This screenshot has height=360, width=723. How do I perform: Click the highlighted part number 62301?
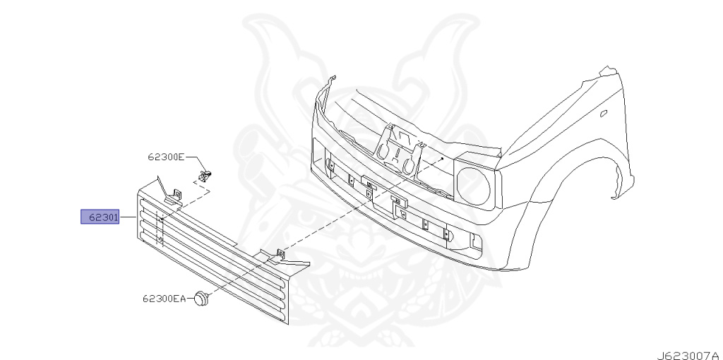click(100, 217)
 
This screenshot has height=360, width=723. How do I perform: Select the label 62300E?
click(166, 157)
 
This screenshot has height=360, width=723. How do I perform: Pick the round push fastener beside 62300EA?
click(203, 299)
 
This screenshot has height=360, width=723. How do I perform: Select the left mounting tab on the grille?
click(174, 196)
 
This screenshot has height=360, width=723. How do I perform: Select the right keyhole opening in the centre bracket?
click(408, 163)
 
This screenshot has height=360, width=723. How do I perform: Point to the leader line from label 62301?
click(127, 217)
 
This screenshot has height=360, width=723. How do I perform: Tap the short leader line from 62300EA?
click(191, 299)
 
